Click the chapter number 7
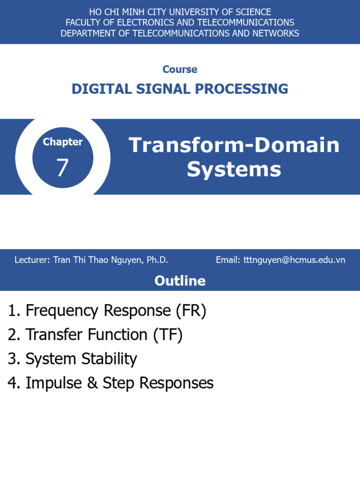62,168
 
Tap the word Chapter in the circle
63,142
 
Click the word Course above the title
180,69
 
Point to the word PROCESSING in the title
241,89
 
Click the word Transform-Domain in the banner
234,145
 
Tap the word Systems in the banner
234,169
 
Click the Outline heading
180,281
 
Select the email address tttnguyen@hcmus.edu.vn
294,260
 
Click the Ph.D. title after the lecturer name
157,260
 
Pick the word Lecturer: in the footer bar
32,260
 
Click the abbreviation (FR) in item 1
191,311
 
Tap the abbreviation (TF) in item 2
168,335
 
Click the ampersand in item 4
92,383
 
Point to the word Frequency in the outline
62,311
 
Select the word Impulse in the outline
54,383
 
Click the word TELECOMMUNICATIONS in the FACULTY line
246,22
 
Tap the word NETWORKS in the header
276,33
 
